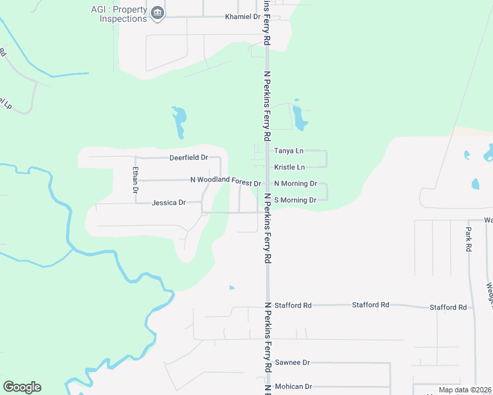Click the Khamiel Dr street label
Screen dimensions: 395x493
(x=243, y=16)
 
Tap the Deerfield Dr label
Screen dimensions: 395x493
(x=188, y=158)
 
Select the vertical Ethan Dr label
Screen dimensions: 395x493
(x=135, y=180)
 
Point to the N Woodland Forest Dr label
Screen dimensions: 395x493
(x=225, y=180)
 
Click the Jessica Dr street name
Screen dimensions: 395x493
(x=169, y=203)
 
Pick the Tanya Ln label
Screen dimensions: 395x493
(x=289, y=151)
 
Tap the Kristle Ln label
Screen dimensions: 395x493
(x=289, y=167)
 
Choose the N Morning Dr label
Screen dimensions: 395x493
(x=295, y=184)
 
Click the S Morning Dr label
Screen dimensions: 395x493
(x=295, y=199)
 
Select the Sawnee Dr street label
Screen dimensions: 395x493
(x=292, y=363)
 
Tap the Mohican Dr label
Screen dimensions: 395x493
(x=293, y=386)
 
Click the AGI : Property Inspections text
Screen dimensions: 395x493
(x=119, y=14)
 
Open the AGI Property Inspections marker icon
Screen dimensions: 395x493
(x=158, y=14)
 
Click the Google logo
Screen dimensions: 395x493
(x=22, y=387)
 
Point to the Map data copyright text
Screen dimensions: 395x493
(x=465, y=390)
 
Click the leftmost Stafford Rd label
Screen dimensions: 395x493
(x=293, y=305)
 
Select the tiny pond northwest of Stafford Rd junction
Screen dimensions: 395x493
(x=231, y=288)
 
